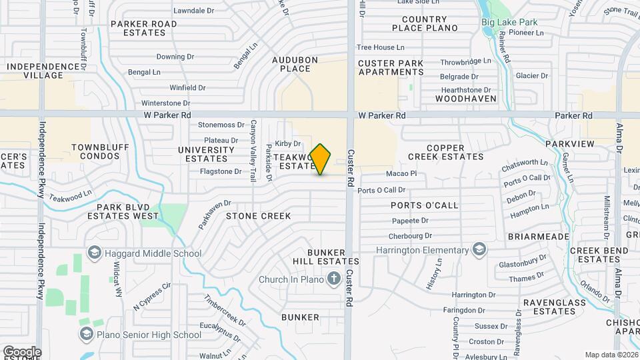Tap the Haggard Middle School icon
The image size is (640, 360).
(94, 253)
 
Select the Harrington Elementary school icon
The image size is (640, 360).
(478, 250)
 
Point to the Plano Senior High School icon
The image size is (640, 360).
(86, 335)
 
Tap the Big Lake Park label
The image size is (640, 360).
(509, 22)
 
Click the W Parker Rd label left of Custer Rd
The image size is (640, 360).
(166, 115)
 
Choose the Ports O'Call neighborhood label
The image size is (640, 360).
(425, 205)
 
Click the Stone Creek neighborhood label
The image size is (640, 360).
(258, 216)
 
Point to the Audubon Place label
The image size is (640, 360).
(291, 64)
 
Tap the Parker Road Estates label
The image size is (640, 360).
(144, 28)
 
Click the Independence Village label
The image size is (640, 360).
(43, 71)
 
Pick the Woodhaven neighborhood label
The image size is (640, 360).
(466, 99)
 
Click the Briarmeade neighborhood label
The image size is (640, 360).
(538, 237)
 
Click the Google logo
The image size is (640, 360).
(22, 351)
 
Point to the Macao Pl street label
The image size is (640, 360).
(401, 173)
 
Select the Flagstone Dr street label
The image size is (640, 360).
(220, 171)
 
